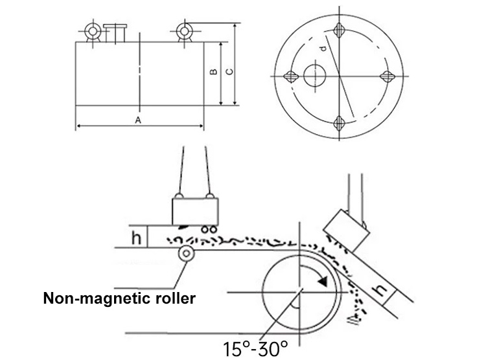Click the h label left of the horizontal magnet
137,238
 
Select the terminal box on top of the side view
114,33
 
